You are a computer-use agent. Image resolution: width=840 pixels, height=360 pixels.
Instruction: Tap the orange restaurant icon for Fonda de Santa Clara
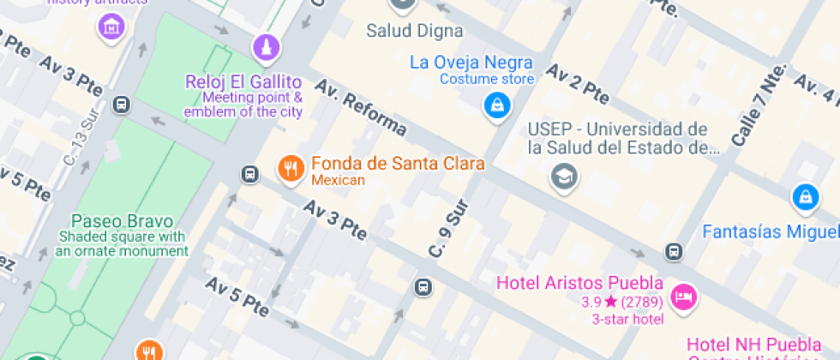point(291,169)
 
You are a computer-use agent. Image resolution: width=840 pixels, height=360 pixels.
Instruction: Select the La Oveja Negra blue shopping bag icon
point(496,106)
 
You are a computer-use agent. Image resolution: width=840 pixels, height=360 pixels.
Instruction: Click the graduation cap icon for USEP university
point(564,177)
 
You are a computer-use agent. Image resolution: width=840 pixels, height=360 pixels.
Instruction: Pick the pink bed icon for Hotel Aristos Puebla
point(683,297)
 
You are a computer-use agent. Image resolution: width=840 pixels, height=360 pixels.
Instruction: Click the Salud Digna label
point(415,31)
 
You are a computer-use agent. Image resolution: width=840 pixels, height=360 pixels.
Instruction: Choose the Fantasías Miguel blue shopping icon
point(804,197)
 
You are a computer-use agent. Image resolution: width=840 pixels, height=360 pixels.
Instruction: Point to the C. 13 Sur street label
point(82,138)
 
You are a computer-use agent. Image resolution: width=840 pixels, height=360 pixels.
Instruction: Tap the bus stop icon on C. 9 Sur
point(423,287)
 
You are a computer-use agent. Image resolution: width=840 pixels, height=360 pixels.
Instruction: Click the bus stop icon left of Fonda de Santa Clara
point(249,174)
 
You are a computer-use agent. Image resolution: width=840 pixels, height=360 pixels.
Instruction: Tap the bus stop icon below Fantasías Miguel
point(674,252)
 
